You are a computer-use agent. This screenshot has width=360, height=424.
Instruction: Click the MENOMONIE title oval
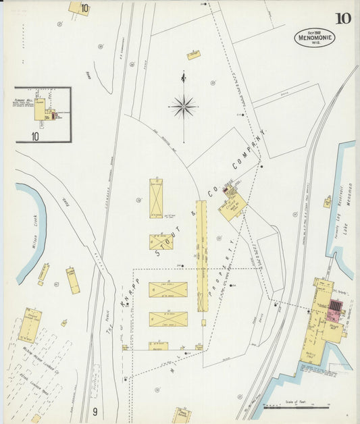pos(314,36)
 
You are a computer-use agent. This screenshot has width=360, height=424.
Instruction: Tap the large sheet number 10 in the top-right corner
pos(342,18)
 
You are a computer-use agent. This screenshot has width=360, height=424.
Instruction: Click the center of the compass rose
pos(183,105)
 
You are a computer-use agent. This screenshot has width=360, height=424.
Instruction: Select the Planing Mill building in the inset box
pos(41,110)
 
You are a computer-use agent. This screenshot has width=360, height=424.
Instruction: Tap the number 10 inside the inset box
pos(34,136)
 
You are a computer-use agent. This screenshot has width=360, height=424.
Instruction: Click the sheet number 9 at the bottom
pos(96,411)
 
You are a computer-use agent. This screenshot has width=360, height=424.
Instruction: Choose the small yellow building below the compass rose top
pos(194,55)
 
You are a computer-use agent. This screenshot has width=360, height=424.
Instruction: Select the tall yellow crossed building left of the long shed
pos(156,198)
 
